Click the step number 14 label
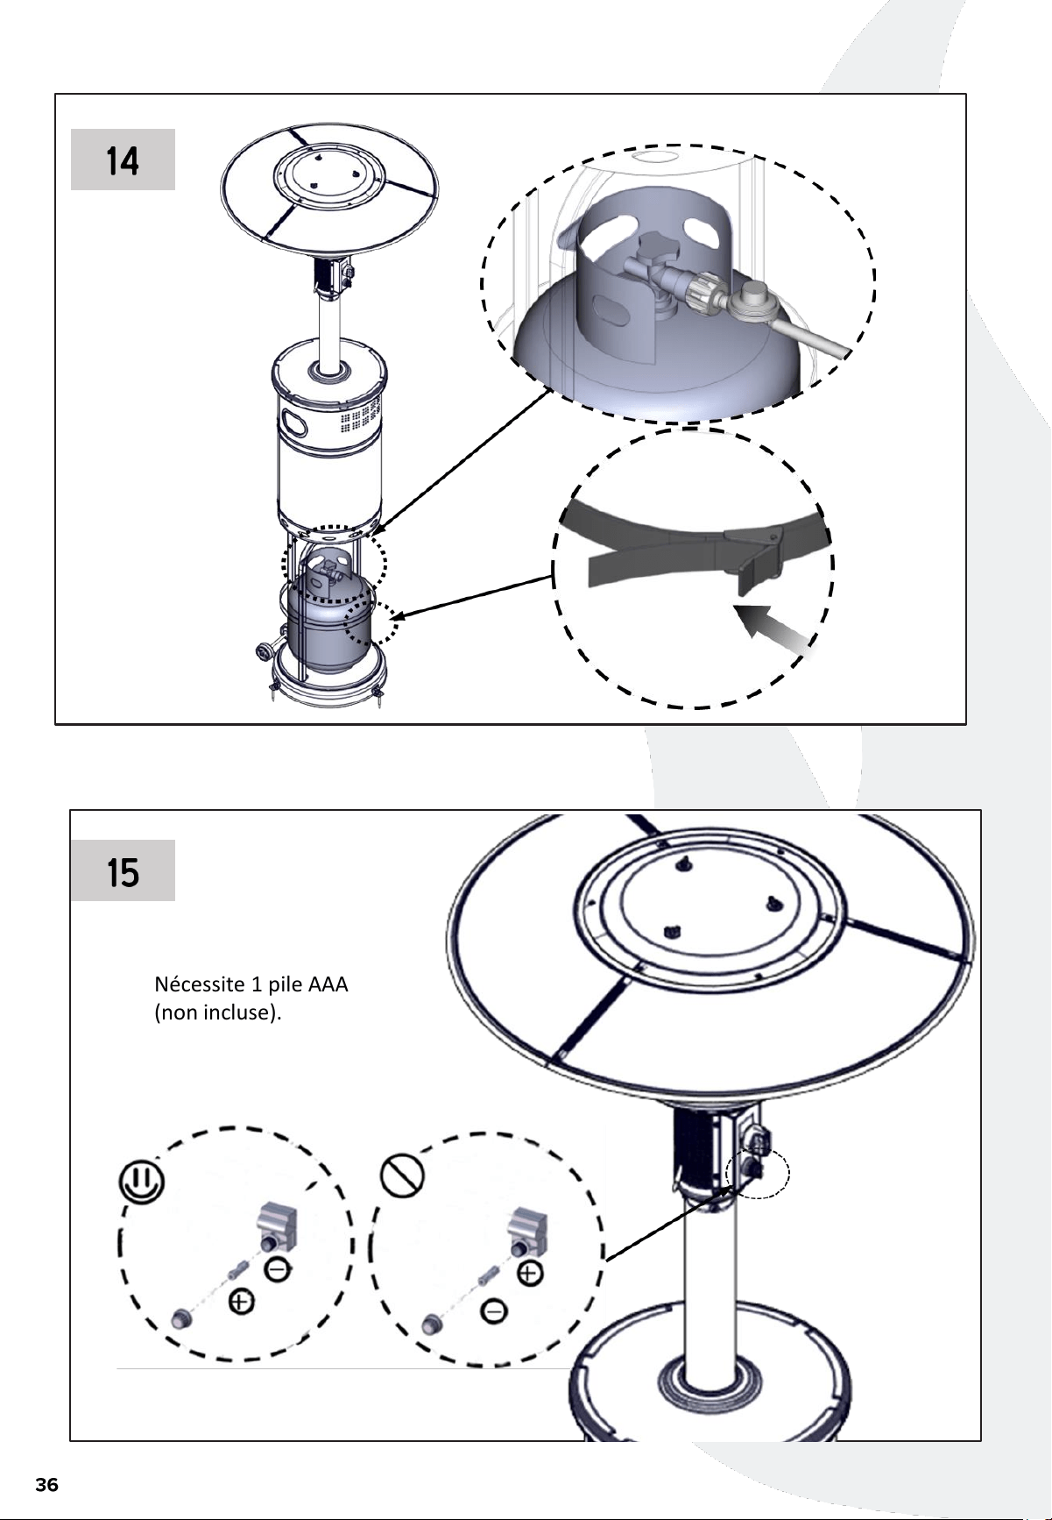tap(123, 160)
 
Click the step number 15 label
tap(123, 872)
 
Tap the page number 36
tap(46, 1485)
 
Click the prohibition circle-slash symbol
tap(403, 1174)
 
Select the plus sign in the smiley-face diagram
tap(241, 1302)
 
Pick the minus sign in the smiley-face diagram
tap(279, 1268)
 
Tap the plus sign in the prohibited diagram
tap(531, 1273)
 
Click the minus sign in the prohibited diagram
tap(494, 1311)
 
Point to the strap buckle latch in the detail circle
tap(755, 561)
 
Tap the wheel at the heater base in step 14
tap(264, 653)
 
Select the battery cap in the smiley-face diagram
tap(180, 1318)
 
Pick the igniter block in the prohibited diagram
tap(527, 1226)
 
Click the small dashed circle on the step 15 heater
tap(759, 1173)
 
